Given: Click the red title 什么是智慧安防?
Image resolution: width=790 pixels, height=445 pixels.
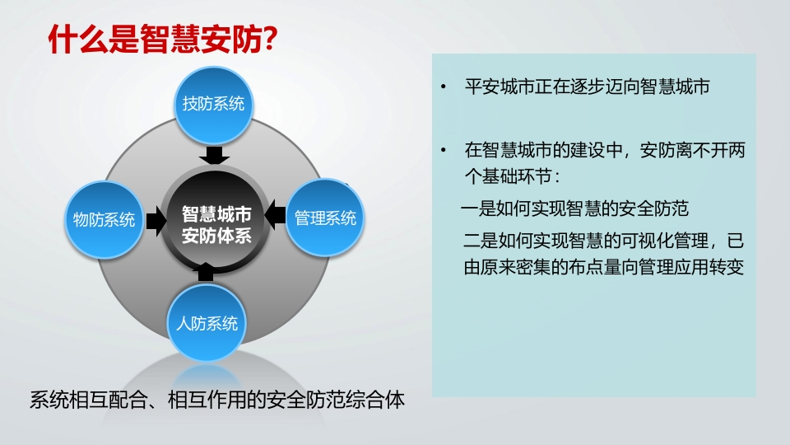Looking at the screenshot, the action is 163,39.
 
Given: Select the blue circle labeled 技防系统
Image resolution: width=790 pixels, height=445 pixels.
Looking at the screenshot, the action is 214,105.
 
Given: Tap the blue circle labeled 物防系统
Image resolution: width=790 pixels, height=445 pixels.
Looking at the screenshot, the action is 105,219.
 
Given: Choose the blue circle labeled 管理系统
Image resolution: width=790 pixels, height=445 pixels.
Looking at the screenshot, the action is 325,218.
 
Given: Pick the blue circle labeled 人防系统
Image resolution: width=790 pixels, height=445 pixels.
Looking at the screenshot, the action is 207,323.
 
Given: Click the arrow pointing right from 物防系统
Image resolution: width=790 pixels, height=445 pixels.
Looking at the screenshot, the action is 156,221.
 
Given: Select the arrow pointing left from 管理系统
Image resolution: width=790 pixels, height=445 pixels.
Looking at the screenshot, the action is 275,214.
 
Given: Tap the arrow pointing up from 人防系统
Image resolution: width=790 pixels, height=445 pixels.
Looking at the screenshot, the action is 206,271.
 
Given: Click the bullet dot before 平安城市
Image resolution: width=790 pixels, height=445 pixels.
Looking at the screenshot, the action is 444,87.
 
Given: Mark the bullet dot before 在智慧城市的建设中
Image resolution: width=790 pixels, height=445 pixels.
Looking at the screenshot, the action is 444,150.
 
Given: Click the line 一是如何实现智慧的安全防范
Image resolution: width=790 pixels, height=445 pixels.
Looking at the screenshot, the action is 575,208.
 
